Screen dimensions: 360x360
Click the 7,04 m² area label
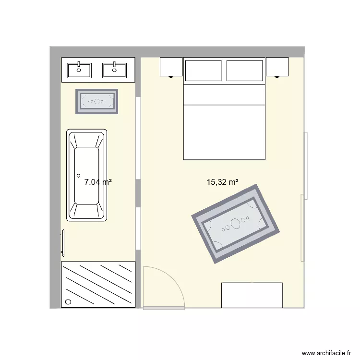[x=98, y=182]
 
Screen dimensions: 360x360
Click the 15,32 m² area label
[x=223, y=182]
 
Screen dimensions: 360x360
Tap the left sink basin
[x=79, y=70]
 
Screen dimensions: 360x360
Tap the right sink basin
[x=115, y=70]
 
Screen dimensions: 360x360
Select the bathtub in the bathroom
[x=87, y=175]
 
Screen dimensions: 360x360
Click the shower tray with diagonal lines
[x=98, y=284]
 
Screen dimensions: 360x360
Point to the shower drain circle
[x=68, y=302]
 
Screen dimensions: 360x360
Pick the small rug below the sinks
[x=97, y=102]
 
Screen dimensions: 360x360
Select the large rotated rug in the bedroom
[x=235, y=223]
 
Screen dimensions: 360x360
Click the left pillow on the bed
[x=204, y=70]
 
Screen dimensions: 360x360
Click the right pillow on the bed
[x=245, y=70]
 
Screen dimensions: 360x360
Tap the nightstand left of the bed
[x=171, y=67]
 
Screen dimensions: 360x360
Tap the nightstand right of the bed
[x=277, y=67]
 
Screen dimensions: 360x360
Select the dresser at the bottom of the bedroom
[x=252, y=295]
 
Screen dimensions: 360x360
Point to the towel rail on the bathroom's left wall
[x=62, y=243]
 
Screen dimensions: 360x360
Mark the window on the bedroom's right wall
[x=305, y=166]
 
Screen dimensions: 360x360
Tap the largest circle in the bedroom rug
[x=235, y=223]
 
